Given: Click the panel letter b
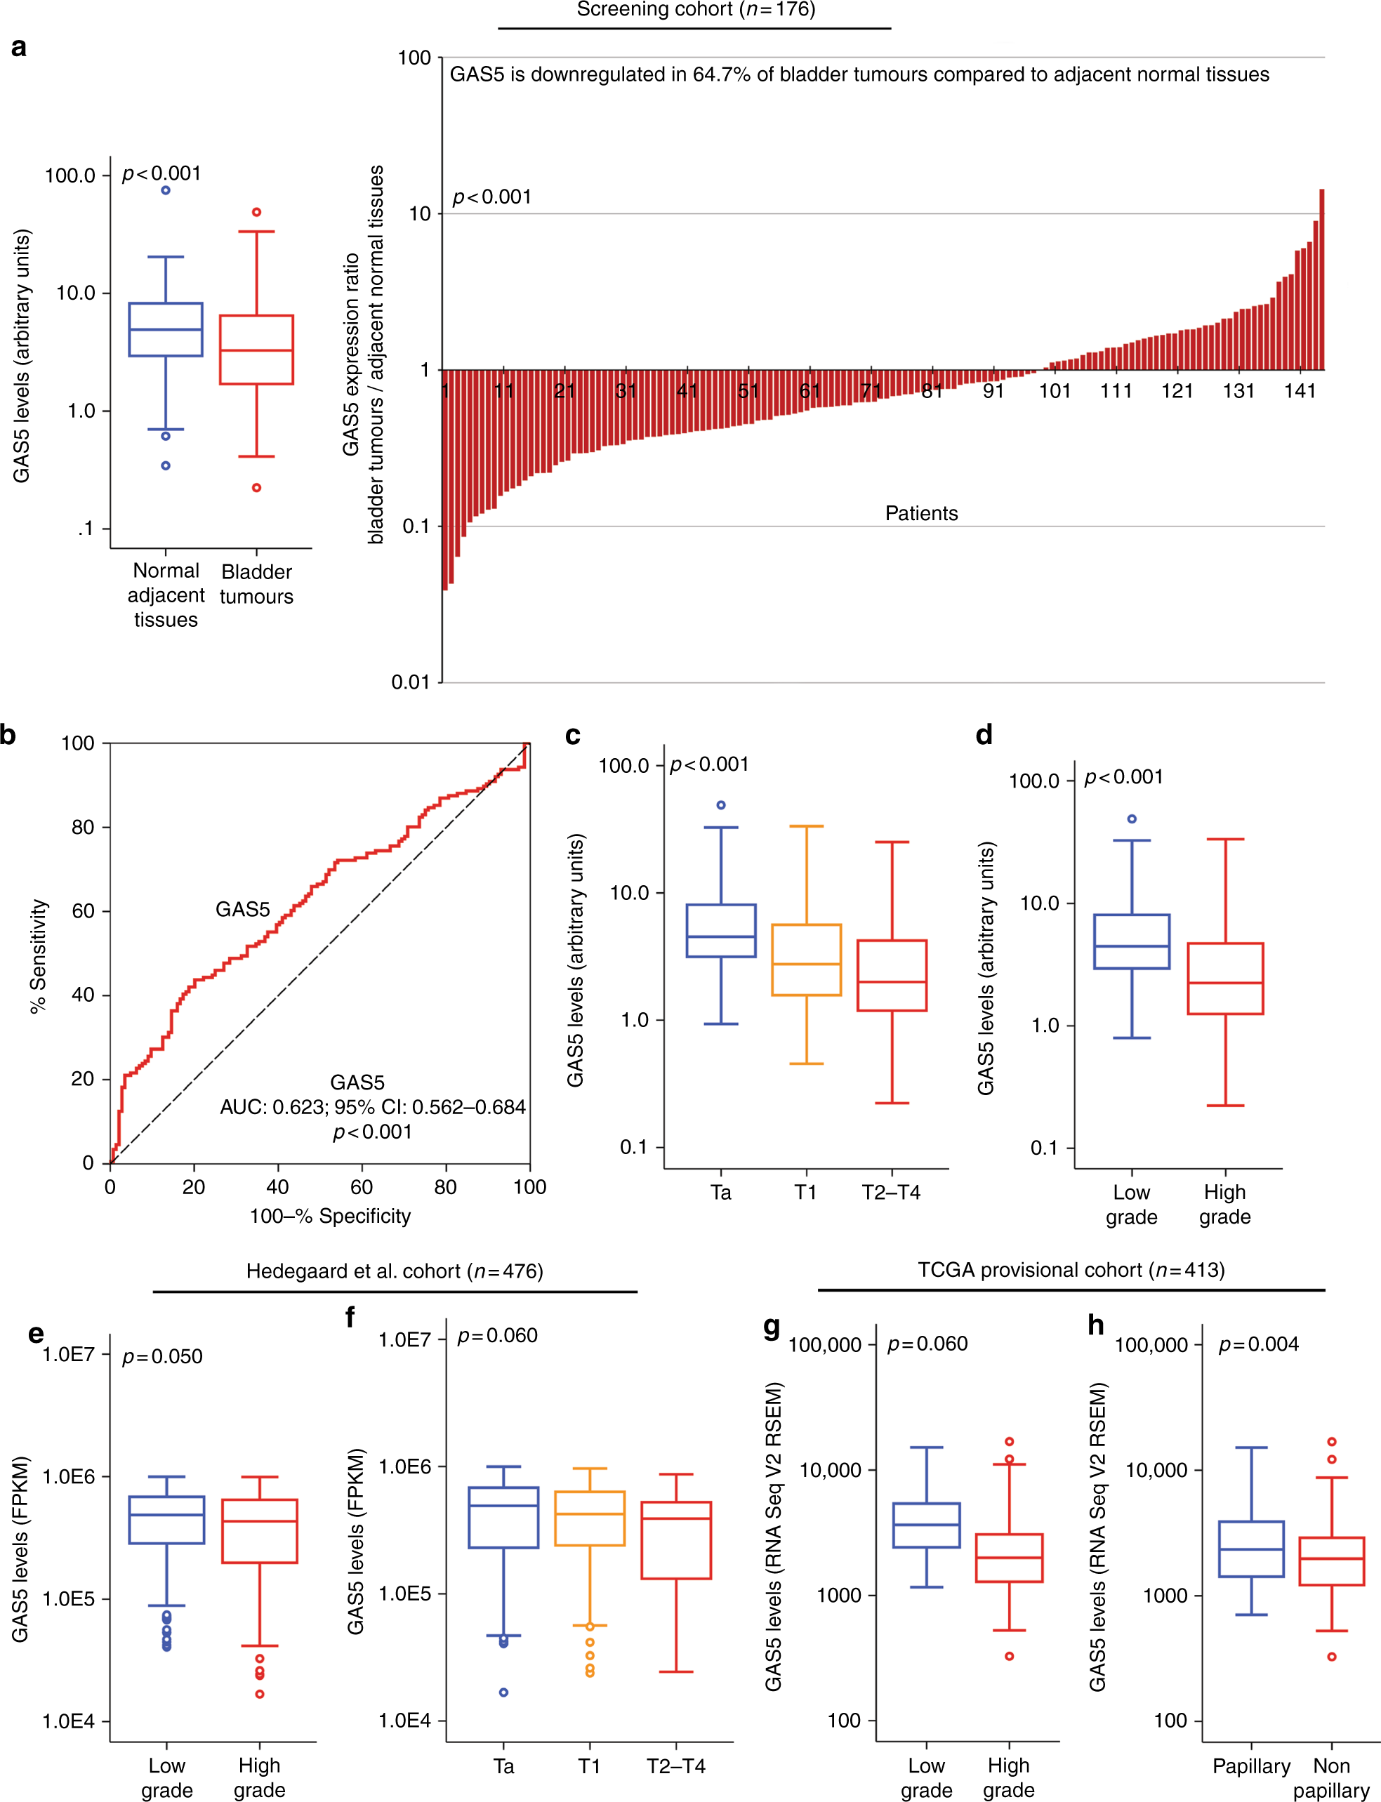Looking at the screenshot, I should point(9,734).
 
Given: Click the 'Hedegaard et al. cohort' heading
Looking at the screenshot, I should point(395,1271).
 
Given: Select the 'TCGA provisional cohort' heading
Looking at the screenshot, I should point(1071,1269).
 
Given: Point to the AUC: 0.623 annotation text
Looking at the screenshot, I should point(372,1107).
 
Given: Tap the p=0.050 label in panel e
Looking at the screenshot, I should point(162,1356).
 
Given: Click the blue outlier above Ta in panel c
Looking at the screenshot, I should point(721,805).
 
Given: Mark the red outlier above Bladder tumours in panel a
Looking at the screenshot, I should point(256,212).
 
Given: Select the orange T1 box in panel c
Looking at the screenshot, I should point(807,960).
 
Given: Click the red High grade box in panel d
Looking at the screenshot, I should point(1225,978).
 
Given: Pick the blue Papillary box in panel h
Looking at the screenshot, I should point(1251,1549).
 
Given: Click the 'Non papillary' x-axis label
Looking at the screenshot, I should point(1331,1777).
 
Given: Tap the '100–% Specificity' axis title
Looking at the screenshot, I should point(330,1216).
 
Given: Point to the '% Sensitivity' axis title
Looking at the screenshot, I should point(39,955).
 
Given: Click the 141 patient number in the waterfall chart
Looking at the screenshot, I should point(1300,391).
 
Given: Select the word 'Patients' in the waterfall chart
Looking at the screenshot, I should point(922,514).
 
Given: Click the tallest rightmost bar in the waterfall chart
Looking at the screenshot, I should point(1321,279).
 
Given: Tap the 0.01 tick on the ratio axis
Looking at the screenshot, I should point(410,682).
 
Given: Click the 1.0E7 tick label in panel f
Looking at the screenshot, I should point(404,1340).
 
